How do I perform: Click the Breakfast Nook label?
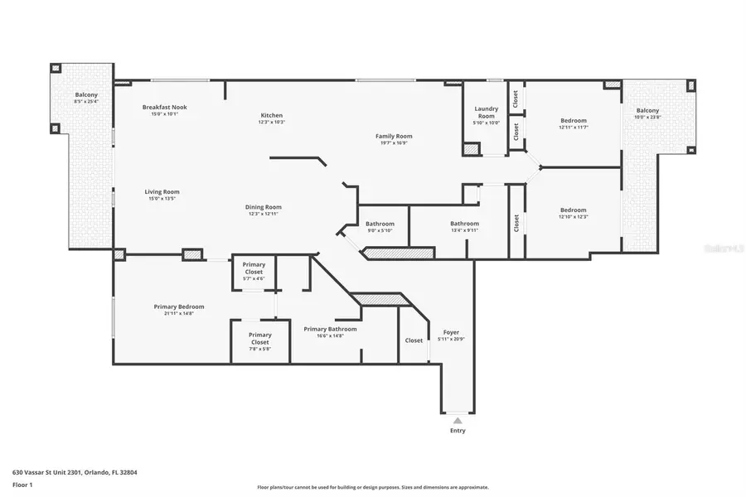[x=164, y=107]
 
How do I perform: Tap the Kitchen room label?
[x=272, y=115]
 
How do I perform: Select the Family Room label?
[x=393, y=136]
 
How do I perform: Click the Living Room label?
[x=162, y=191]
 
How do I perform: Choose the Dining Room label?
[x=264, y=207]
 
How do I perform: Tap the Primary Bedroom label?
[x=179, y=306]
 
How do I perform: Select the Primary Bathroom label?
[x=330, y=329]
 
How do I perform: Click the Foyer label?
[x=451, y=332]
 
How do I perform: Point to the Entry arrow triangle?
[x=457, y=420]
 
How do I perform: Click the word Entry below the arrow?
[x=458, y=431]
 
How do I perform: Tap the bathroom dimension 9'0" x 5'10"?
[x=380, y=230]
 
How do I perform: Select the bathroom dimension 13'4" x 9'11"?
[x=464, y=230]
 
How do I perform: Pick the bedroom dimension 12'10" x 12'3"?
[x=573, y=217]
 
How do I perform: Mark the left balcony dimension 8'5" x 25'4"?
[x=86, y=102]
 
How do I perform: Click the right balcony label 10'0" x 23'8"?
[x=647, y=118]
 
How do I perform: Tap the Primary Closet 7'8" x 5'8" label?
[x=260, y=349]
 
